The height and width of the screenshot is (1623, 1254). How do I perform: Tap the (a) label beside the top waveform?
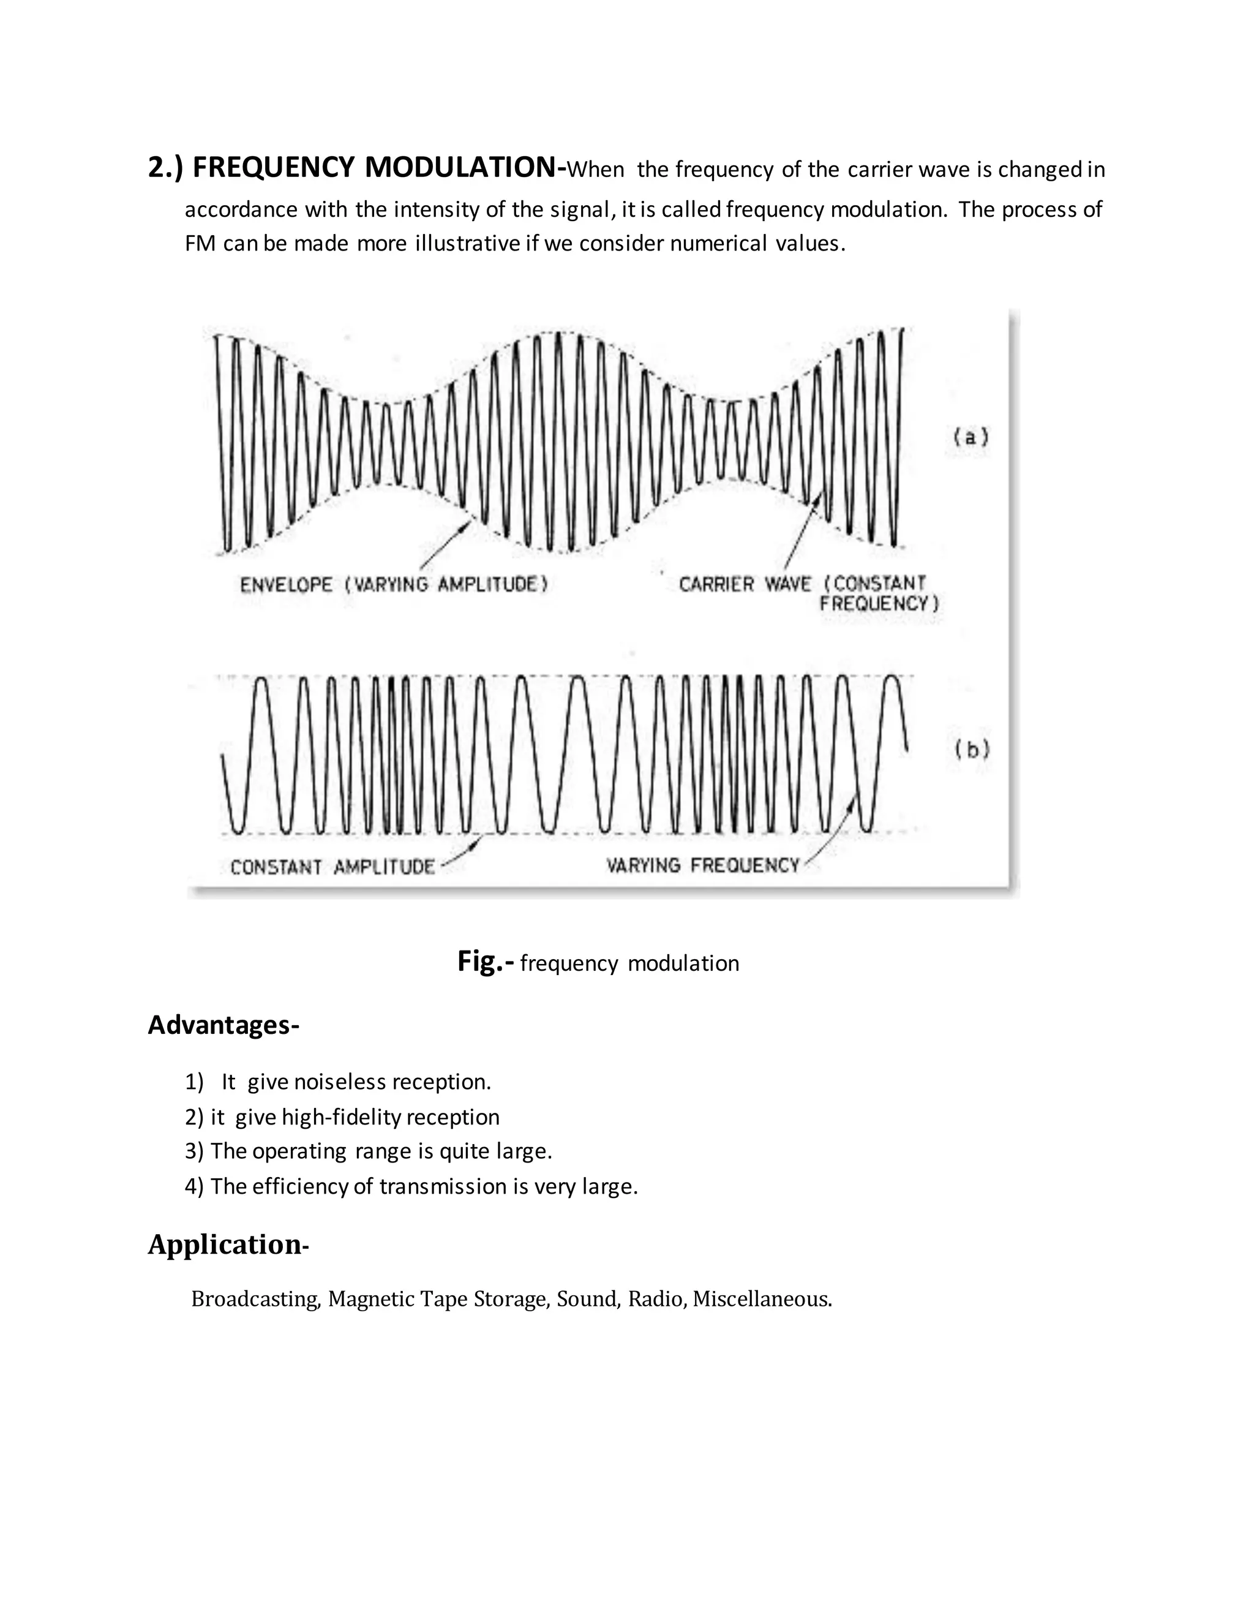pos(971,437)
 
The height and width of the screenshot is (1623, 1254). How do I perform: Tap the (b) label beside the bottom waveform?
pos(972,750)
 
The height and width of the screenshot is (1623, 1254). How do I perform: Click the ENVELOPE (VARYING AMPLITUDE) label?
pos(394,585)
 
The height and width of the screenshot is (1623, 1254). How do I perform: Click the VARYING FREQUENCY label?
pos(702,865)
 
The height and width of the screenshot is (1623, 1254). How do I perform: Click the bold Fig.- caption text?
pos(485,962)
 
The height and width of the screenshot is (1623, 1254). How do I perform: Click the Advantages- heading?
pos(223,1025)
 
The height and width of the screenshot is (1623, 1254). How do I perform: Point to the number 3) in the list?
pos(194,1151)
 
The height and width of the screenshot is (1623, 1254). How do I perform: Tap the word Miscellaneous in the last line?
pos(762,1299)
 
